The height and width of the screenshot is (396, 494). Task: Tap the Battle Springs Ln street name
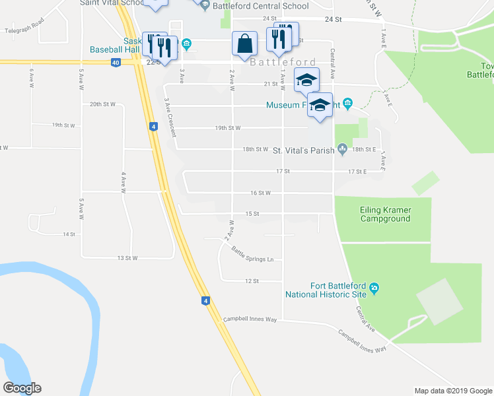[x=252, y=254]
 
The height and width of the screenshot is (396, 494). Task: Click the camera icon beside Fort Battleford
[x=374, y=287]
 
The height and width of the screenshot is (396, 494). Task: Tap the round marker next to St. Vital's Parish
[x=342, y=150]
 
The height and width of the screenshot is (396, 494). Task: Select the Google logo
[x=22, y=388]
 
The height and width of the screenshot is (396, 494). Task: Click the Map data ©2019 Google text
[x=453, y=391]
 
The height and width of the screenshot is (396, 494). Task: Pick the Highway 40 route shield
[x=116, y=63]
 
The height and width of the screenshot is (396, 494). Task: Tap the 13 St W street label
[x=127, y=257]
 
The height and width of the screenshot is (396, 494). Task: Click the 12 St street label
[x=251, y=280]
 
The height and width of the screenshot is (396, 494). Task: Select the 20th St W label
[x=103, y=104]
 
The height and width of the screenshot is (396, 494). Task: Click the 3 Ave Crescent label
[x=170, y=117]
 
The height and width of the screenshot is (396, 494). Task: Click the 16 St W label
[x=261, y=193]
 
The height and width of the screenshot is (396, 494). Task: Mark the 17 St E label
[x=357, y=171]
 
